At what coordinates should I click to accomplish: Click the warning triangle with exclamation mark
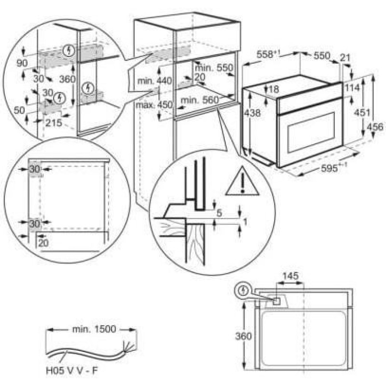243,182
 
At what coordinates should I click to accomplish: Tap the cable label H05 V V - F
72,371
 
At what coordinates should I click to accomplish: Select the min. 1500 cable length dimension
94,329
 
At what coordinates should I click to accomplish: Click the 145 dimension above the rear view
290,276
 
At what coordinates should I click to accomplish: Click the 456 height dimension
375,127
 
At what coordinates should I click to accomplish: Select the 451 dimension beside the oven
362,113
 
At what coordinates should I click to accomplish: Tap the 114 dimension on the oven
352,88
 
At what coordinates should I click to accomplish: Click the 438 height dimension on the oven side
252,113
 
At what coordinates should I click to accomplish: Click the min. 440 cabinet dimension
154,81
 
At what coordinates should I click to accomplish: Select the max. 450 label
154,105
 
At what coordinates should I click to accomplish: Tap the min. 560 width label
200,100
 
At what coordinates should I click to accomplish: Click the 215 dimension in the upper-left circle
54,123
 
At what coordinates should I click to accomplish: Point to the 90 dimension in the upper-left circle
22,63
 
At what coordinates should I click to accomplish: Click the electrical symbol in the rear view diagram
244,291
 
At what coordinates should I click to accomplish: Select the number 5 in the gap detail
219,213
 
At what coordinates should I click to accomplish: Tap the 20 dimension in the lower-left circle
43,243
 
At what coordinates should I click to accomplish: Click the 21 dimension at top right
345,58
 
